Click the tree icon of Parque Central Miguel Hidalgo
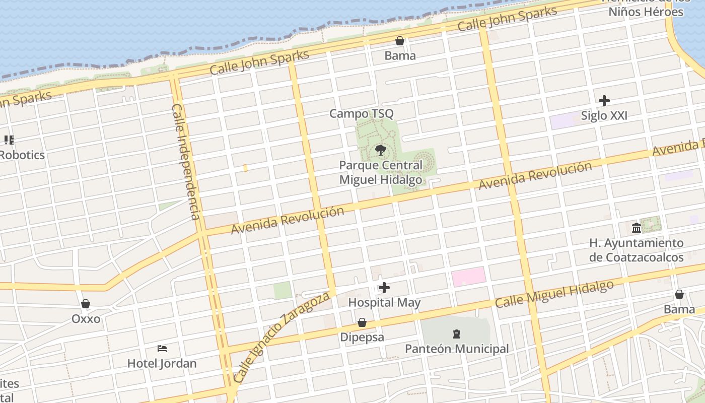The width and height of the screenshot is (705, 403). [381, 150]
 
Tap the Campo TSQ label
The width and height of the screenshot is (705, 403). [361, 114]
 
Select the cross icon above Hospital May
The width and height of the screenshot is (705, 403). [384, 288]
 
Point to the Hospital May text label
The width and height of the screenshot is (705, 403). [384, 303]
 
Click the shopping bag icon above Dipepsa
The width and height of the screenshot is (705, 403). [362, 322]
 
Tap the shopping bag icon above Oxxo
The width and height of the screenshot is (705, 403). [86, 304]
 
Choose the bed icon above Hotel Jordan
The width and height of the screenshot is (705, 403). [162, 348]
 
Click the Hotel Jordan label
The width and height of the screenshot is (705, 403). [162, 363]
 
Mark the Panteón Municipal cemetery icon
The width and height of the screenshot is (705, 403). [456, 333]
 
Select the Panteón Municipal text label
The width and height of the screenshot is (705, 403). [457, 349]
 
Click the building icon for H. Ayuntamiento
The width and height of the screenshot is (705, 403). [636, 228]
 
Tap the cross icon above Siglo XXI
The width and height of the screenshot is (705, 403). [604, 101]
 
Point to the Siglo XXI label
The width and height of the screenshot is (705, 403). [604, 116]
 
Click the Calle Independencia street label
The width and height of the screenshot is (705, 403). [186, 162]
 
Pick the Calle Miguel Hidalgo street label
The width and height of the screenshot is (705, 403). [554, 294]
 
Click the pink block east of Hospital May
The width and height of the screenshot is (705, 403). [468, 277]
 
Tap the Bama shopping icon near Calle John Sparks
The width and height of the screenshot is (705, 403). [400, 41]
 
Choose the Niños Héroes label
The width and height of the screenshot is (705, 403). [646, 11]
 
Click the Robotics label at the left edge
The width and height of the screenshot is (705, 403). [22, 155]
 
